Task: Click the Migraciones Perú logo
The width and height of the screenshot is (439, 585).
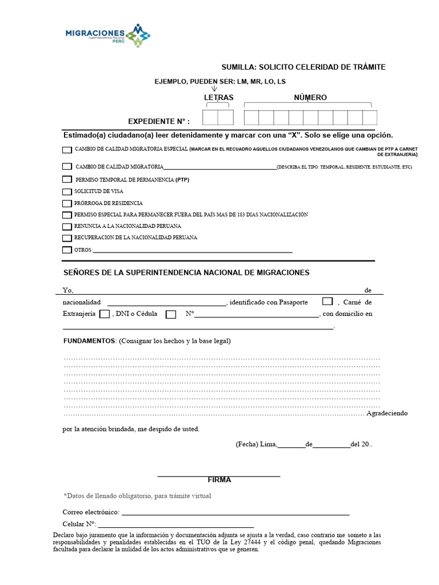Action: click(x=108, y=35)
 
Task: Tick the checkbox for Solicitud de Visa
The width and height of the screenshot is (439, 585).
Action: click(x=67, y=191)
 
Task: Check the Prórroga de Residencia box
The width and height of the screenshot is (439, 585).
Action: click(x=67, y=203)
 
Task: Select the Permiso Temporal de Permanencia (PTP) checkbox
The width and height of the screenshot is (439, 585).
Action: click(x=67, y=179)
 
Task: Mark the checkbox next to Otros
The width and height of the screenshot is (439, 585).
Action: click(x=67, y=250)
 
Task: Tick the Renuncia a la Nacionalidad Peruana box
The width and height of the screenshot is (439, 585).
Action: click(x=67, y=226)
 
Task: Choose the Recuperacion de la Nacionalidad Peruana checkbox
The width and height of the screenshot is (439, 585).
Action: click(x=67, y=238)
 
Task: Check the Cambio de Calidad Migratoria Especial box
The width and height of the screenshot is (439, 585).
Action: click(x=67, y=150)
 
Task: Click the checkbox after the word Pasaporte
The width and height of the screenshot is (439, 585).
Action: click(x=328, y=302)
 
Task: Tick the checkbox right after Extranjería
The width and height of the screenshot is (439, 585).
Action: click(x=105, y=314)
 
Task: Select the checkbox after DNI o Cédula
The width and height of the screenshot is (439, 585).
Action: click(x=171, y=314)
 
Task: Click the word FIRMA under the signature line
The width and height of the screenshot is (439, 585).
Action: click(x=219, y=480)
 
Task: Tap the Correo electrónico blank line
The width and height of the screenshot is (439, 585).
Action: click(x=235, y=514)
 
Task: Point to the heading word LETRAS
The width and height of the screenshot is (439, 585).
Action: click(x=219, y=98)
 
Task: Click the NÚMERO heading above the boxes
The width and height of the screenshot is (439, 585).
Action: click(x=310, y=98)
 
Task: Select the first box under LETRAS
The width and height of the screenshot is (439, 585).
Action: click(x=210, y=118)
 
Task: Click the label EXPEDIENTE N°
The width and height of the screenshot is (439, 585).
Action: click(x=159, y=122)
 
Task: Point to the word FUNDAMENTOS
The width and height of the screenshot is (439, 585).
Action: click(x=89, y=341)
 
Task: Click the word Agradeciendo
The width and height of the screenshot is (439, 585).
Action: click(x=387, y=413)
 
